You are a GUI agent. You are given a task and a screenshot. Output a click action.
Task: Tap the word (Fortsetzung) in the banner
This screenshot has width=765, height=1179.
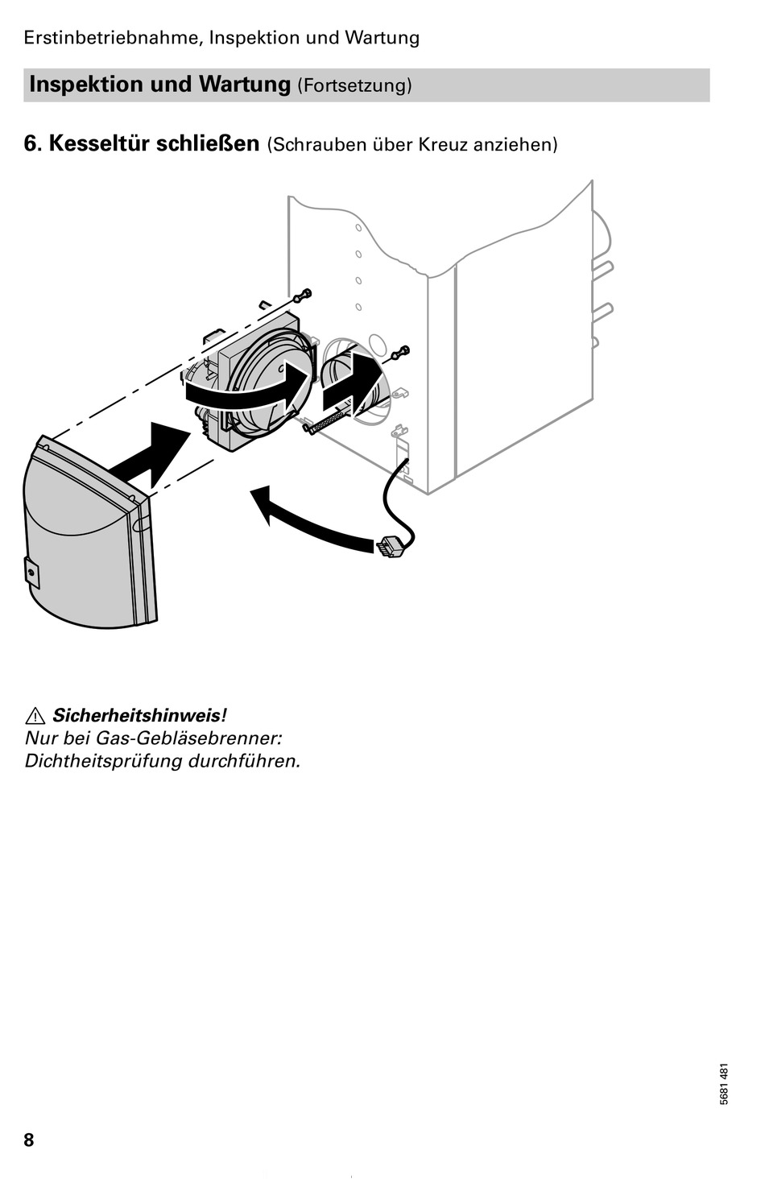pos(354,85)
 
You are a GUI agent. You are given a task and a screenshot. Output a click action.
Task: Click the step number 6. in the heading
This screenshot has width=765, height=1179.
pos(32,143)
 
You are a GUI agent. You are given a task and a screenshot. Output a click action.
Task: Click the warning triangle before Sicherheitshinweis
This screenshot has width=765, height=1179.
pos(35,715)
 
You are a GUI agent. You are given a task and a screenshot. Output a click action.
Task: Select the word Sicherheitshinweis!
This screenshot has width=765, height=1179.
pos(139,715)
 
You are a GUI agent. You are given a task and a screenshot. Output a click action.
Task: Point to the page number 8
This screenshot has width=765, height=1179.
pos(29,1140)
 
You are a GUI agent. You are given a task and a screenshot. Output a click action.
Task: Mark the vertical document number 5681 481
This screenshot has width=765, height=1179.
pos(724,1085)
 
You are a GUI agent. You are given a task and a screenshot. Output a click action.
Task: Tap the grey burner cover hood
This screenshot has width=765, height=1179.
pos(81,548)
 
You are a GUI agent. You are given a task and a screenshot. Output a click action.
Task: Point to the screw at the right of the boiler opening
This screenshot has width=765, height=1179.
pos(399,353)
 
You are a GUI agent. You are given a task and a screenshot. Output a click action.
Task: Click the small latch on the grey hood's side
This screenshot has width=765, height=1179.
pos(31,570)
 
